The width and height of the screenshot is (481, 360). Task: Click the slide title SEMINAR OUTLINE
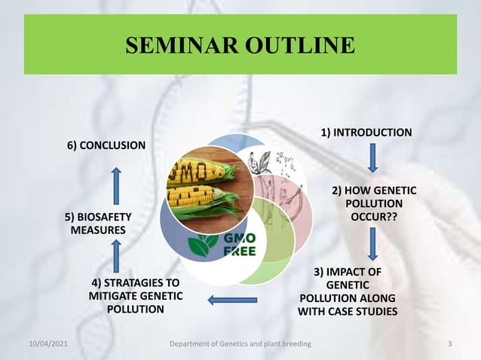[x=240, y=45]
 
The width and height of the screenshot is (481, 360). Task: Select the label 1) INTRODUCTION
[x=366, y=133]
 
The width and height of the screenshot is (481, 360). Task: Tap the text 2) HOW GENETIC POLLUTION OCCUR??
[x=373, y=203]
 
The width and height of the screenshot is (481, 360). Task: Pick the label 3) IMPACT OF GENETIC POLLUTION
[x=348, y=291]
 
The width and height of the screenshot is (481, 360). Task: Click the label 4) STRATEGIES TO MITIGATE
[x=135, y=296]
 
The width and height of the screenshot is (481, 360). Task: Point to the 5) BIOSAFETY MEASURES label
[x=98, y=224]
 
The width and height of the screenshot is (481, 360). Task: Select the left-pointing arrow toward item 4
[x=232, y=301]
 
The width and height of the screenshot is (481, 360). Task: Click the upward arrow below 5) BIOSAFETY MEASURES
[x=116, y=256]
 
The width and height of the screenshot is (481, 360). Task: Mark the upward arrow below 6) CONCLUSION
[x=116, y=183]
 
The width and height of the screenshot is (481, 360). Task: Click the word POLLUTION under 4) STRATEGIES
[x=135, y=309]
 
